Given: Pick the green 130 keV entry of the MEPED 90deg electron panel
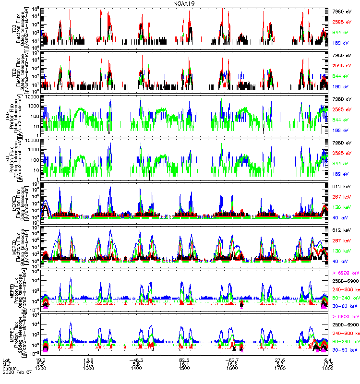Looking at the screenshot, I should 344,251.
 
